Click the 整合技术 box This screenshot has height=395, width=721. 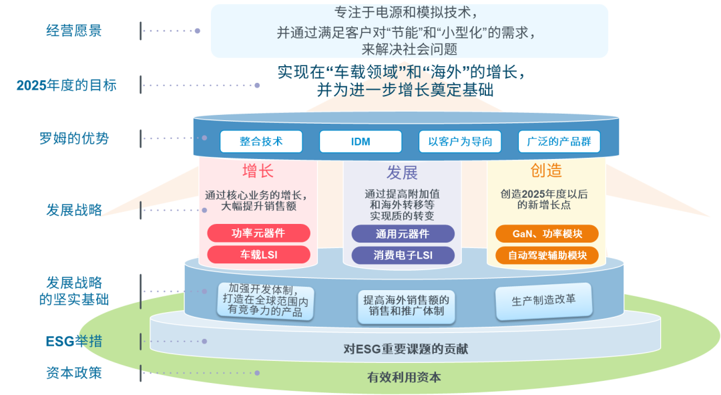261,142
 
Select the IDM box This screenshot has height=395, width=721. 360,142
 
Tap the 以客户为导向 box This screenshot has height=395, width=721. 460,142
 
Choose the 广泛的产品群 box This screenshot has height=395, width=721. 559,142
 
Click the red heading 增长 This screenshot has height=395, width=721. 258,170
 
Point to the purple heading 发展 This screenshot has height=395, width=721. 402,172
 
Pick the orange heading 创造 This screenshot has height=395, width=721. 546,170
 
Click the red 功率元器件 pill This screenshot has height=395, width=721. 258,233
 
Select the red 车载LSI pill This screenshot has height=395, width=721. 258,255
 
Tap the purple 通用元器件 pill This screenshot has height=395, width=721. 403,234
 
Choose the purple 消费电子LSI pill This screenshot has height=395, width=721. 403,255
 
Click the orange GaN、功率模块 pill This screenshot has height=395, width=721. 547,234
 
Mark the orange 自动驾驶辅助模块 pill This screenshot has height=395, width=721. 547,255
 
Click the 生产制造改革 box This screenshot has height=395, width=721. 543,301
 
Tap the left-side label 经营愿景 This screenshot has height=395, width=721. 74,31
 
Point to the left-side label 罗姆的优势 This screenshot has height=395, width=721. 74,139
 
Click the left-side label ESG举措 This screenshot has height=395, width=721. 74,342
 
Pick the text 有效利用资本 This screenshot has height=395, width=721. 404,377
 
